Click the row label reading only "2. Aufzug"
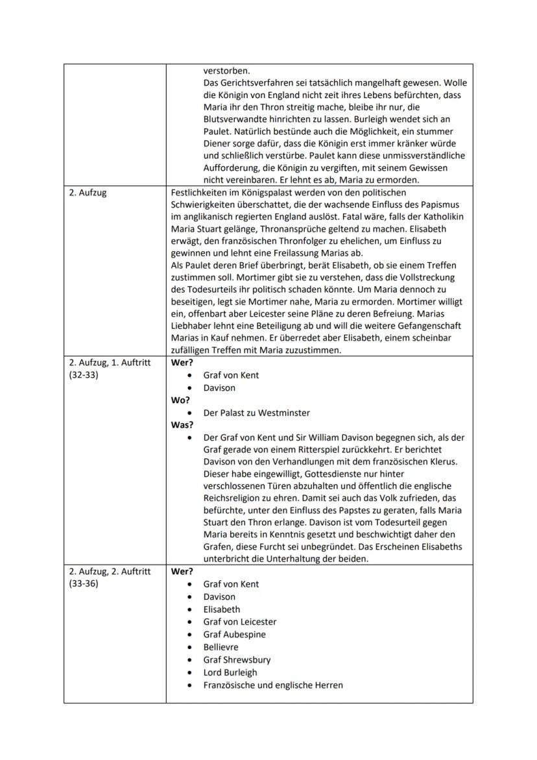coord(88,193)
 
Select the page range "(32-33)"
coord(84,375)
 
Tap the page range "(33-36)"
coord(84,584)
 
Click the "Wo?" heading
coord(180,400)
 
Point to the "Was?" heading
coord(182,425)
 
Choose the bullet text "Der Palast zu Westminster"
coord(256,413)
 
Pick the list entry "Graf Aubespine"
coord(234,635)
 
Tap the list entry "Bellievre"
coord(221,647)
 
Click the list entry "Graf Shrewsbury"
coord(237,660)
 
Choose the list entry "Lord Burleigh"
coord(230,672)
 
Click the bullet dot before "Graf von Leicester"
coord(189,622)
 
